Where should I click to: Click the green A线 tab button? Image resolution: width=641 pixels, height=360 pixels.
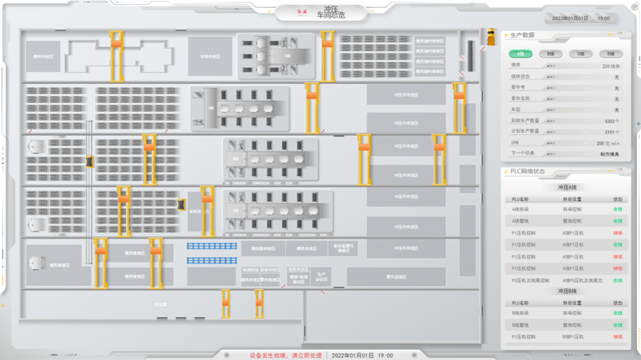(522, 53)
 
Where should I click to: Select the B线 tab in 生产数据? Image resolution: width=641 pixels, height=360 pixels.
(551, 53)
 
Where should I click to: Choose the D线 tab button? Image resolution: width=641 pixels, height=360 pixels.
(610, 53)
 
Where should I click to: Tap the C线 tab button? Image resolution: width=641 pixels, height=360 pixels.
(581, 53)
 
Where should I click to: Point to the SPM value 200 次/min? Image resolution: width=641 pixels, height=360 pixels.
(608, 143)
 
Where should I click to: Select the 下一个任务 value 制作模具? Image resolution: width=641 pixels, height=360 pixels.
(609, 154)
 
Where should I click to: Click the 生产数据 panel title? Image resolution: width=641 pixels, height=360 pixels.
(523, 35)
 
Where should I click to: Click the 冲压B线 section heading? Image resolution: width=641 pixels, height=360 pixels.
(567, 291)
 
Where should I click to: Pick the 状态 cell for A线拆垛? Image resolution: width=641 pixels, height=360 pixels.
(617, 209)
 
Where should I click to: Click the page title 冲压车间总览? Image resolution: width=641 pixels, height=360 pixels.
(331, 13)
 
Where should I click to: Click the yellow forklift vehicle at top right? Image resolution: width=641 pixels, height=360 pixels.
(491, 37)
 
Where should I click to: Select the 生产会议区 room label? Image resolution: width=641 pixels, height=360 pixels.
(322, 276)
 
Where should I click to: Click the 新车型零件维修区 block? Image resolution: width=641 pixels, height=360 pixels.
(342, 248)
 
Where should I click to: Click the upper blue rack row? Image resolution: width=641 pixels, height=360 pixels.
(211, 246)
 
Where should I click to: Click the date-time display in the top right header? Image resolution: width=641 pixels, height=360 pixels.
(580, 18)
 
